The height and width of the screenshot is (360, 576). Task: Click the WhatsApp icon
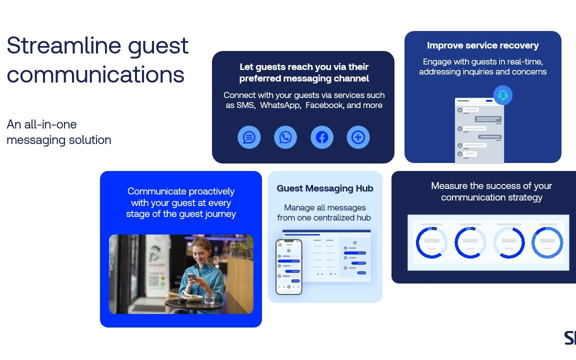coord(285,137)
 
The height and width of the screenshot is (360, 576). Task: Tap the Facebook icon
coord(322,137)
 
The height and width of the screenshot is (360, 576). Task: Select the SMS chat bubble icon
coord(249,137)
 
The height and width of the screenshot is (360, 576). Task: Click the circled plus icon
coord(358,137)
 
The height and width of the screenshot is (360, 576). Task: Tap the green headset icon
coord(502,95)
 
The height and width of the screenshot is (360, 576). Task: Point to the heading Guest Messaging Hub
coord(324,188)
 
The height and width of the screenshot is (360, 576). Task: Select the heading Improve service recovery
coord(482,45)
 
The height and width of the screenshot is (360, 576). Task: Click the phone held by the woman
coord(190,276)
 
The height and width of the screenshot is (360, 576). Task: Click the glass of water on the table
coord(209,298)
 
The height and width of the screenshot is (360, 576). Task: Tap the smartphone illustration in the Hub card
coord(288,267)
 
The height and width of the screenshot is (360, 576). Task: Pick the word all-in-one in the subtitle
coord(50,124)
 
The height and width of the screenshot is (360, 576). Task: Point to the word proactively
coord(211,192)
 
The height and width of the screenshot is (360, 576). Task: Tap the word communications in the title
coord(95,75)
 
